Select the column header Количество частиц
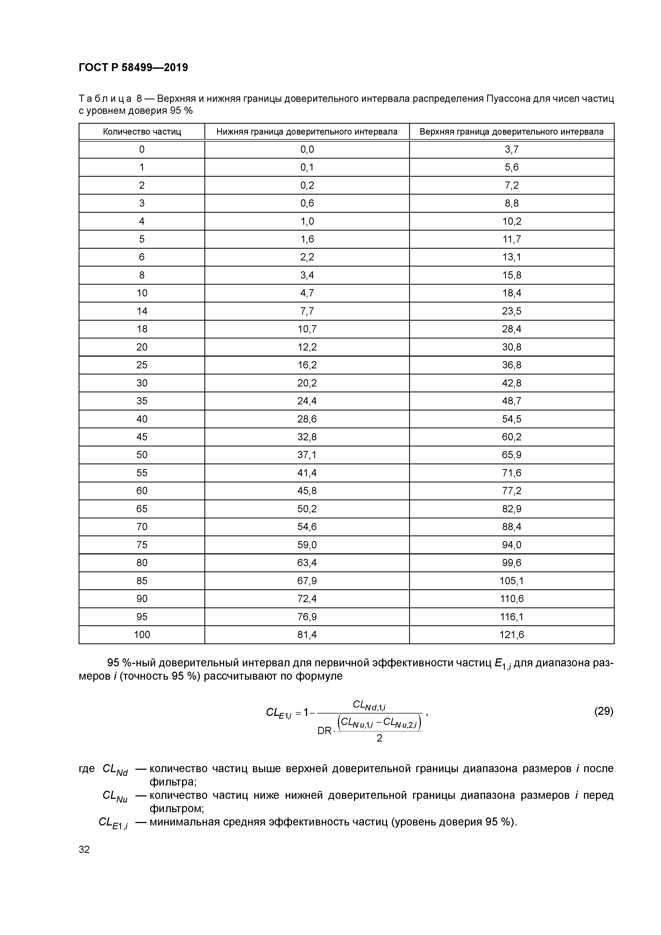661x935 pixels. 142,132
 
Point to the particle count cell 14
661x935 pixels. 142,311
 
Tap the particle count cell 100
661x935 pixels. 142,634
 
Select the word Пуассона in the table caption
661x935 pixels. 507,99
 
